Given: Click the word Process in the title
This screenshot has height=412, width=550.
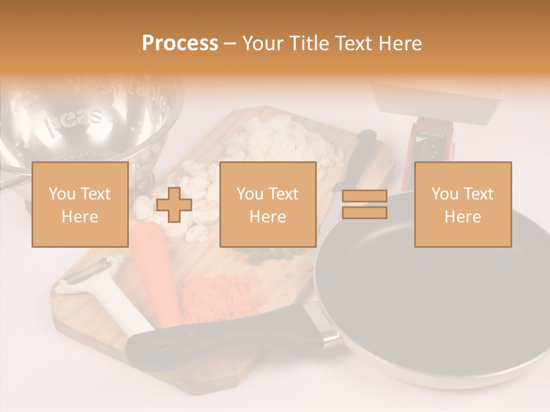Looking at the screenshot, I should click(x=180, y=43).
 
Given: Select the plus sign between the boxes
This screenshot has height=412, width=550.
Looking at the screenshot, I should click(x=174, y=205).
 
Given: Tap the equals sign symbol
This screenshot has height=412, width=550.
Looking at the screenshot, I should click(x=364, y=205).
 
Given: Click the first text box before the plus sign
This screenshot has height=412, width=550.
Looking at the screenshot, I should click(x=80, y=205).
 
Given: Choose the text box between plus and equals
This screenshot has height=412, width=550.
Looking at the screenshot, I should click(x=268, y=205).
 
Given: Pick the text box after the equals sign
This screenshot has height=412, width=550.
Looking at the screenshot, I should click(x=462, y=205).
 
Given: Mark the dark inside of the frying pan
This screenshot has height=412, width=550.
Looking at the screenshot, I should click(x=435, y=292).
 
